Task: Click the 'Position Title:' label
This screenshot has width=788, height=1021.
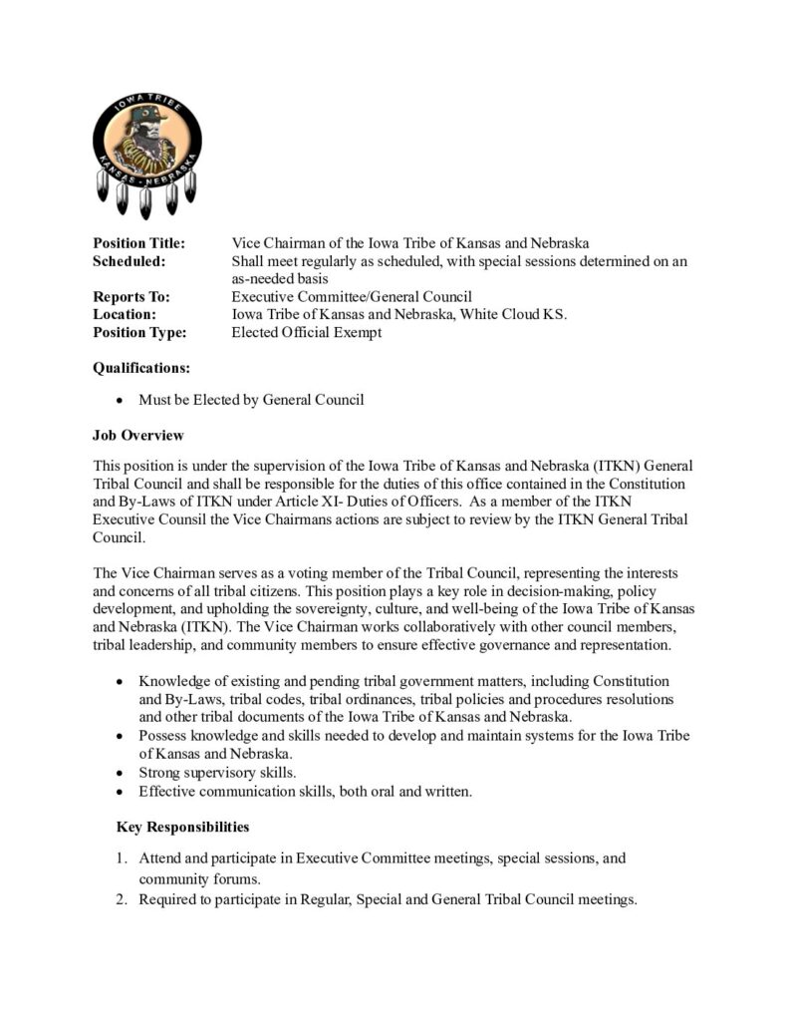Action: (138, 243)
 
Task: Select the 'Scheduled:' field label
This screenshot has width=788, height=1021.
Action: (129, 261)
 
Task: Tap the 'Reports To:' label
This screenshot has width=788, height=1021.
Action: (131, 297)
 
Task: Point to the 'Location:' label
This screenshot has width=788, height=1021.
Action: (126, 315)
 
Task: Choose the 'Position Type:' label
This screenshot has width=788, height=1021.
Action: (139, 333)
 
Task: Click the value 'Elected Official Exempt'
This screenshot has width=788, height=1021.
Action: (306, 333)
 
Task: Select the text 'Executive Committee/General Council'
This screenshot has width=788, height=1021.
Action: (352, 297)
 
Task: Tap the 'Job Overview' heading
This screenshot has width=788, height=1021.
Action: (138, 436)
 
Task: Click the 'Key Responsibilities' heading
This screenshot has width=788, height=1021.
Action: (182, 827)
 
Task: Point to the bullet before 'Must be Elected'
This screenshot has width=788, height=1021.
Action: (121, 401)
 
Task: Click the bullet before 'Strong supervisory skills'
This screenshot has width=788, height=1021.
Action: (121, 773)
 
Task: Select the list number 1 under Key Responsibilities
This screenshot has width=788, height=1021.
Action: (122, 857)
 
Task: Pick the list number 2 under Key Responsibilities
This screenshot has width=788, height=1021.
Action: (122, 899)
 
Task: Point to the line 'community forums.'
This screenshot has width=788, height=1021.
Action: (199, 879)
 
